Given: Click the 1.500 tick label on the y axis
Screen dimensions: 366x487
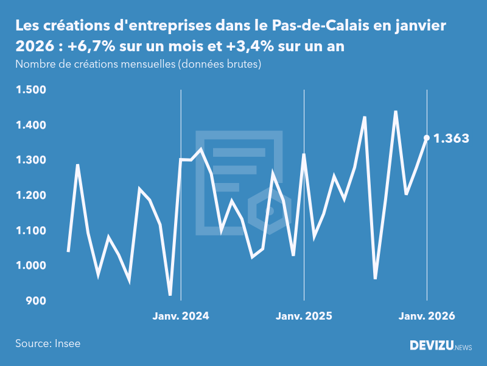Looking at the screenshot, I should tap(31, 90).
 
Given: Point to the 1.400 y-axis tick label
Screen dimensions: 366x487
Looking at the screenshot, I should tap(31, 126).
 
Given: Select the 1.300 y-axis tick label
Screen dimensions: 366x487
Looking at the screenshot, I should tap(31, 160).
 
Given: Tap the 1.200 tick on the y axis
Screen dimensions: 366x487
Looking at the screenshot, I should tap(31, 196).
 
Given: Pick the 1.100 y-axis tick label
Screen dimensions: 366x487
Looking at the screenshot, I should tap(31, 231).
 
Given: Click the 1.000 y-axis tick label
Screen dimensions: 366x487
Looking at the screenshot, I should tap(31, 266).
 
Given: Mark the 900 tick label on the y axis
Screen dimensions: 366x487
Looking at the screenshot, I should tap(36, 301).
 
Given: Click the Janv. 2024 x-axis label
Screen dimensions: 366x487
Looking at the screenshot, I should tap(181, 316).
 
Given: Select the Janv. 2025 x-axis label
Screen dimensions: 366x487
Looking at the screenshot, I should tap(304, 316).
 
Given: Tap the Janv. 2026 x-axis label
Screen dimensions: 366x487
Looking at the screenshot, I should tap(427, 316).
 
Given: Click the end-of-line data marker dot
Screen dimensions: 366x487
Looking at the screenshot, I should tap(427, 138).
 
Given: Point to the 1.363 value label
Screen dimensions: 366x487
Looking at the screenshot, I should tap(451, 138).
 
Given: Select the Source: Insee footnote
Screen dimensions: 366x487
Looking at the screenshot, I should tap(47, 343).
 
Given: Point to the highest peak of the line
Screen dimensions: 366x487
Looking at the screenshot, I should tap(396, 111).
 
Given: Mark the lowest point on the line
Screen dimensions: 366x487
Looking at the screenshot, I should tap(170, 295).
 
